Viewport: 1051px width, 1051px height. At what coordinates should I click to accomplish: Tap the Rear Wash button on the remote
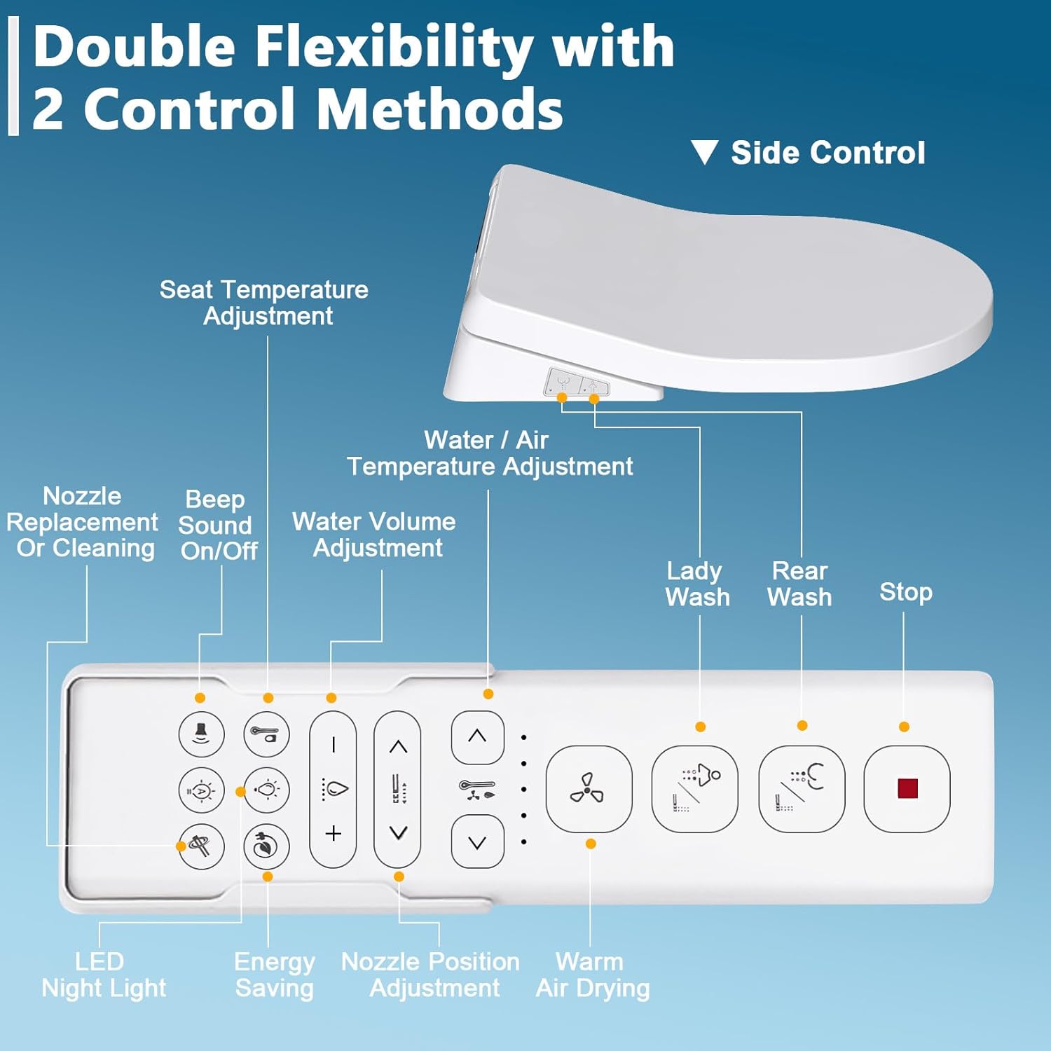coord(802,789)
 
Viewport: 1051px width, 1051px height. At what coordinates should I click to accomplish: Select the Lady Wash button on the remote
coord(694,789)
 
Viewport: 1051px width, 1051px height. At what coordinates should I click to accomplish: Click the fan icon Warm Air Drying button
coord(589,789)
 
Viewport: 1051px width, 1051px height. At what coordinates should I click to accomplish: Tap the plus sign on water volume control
coord(334,834)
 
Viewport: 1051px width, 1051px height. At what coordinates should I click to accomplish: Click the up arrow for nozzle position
coord(398,747)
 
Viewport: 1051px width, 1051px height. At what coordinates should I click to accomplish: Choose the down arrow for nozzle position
coord(398,833)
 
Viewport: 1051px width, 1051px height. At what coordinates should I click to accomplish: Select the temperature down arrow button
coord(477,842)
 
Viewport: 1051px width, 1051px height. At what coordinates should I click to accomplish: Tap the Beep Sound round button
coord(202,734)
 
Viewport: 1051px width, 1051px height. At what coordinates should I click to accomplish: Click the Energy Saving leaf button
coord(266,846)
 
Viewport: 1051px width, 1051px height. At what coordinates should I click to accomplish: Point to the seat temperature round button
coord(266,734)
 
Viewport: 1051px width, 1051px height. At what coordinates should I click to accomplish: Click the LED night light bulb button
coord(266,790)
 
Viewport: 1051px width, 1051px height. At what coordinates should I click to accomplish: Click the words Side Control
coord(827,153)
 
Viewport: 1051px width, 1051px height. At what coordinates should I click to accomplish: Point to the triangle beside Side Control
coord(704,152)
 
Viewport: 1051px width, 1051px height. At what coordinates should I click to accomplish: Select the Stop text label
coord(905,592)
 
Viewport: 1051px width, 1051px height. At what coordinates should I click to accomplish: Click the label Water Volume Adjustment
coord(375,535)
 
